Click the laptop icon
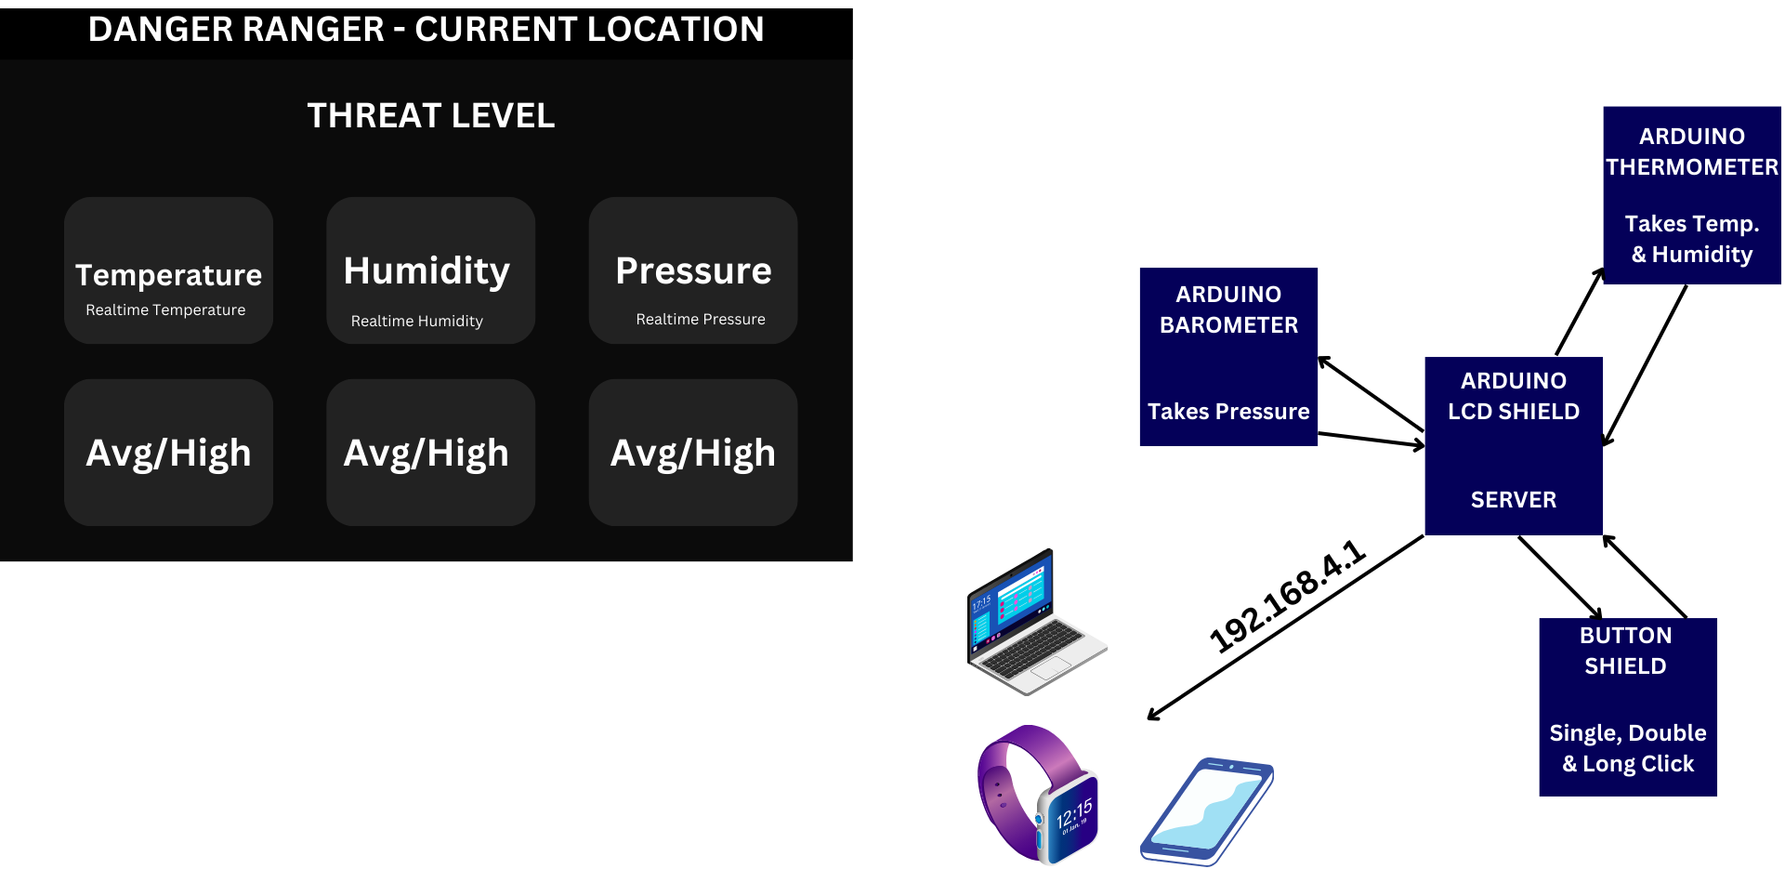1033,623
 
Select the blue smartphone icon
1206,811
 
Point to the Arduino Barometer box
1228,356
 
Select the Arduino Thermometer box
1692,194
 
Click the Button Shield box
1627,706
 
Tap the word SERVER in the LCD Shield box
1513,500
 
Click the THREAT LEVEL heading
430,116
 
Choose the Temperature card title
168,275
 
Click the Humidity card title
427,271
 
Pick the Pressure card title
693,271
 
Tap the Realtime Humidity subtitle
416,322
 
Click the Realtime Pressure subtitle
701,320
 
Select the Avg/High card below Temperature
168,454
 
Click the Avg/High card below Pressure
693,454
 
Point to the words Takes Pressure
1228,412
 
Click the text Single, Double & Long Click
1628,748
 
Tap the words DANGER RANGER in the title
236,30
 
